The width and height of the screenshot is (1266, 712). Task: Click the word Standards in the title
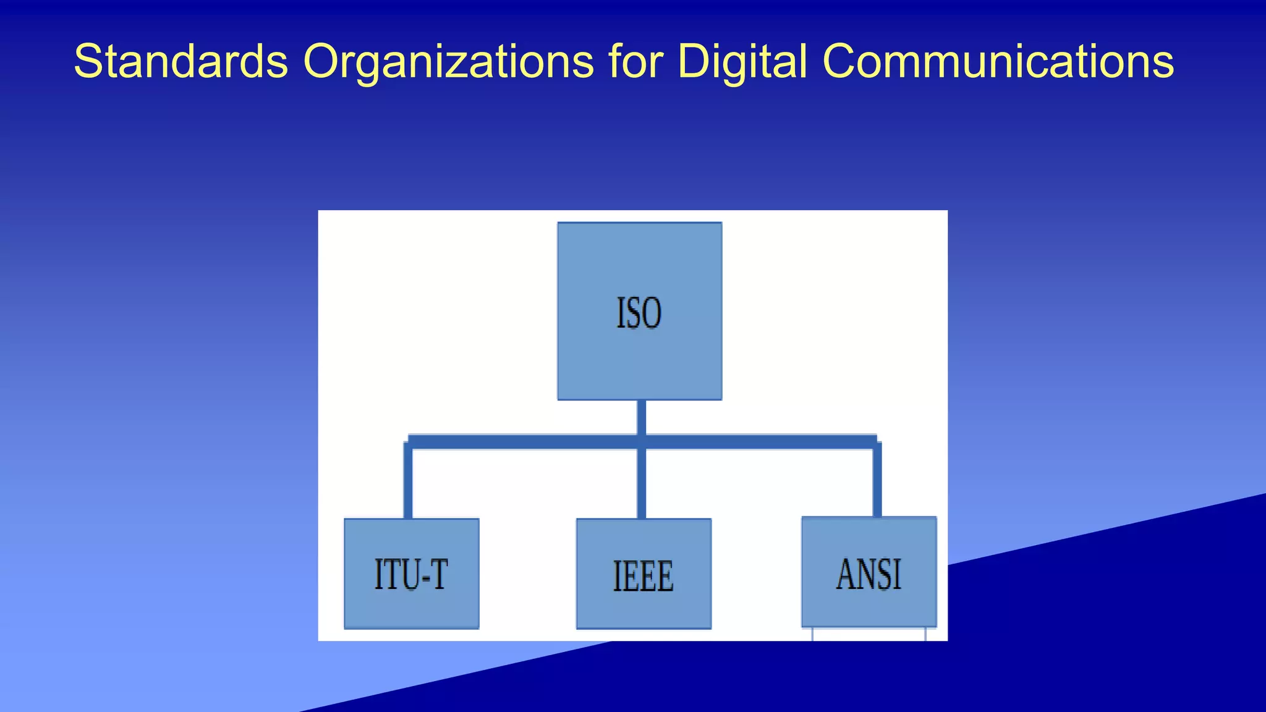click(x=181, y=61)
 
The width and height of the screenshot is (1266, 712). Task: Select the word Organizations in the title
click(x=448, y=61)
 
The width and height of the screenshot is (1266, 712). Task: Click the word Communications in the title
click(x=998, y=61)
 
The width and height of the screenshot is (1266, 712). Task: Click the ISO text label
click(x=639, y=313)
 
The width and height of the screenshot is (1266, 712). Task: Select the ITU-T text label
click(x=411, y=574)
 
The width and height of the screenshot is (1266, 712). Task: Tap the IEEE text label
click(x=643, y=576)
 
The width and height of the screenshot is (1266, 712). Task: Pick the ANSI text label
click(x=869, y=574)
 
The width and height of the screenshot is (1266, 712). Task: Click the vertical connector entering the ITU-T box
click(x=408, y=482)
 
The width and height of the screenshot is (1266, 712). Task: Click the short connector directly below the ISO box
click(x=642, y=417)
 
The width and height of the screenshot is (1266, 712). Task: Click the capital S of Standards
click(x=87, y=61)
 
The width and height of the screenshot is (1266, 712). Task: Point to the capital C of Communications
click(x=841, y=61)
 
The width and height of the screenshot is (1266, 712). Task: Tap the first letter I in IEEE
click(x=616, y=576)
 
